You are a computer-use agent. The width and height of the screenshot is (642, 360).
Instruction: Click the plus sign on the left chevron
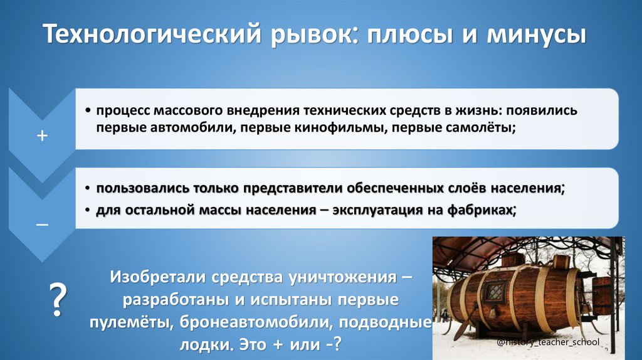click(x=42, y=135)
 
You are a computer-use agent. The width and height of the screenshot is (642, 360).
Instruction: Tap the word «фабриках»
click(x=478, y=209)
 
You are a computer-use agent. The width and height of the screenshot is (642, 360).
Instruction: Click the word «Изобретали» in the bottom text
click(x=159, y=277)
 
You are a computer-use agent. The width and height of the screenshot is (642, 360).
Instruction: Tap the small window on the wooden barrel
click(x=495, y=292)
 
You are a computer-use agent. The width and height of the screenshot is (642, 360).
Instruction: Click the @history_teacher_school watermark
click(x=548, y=342)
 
